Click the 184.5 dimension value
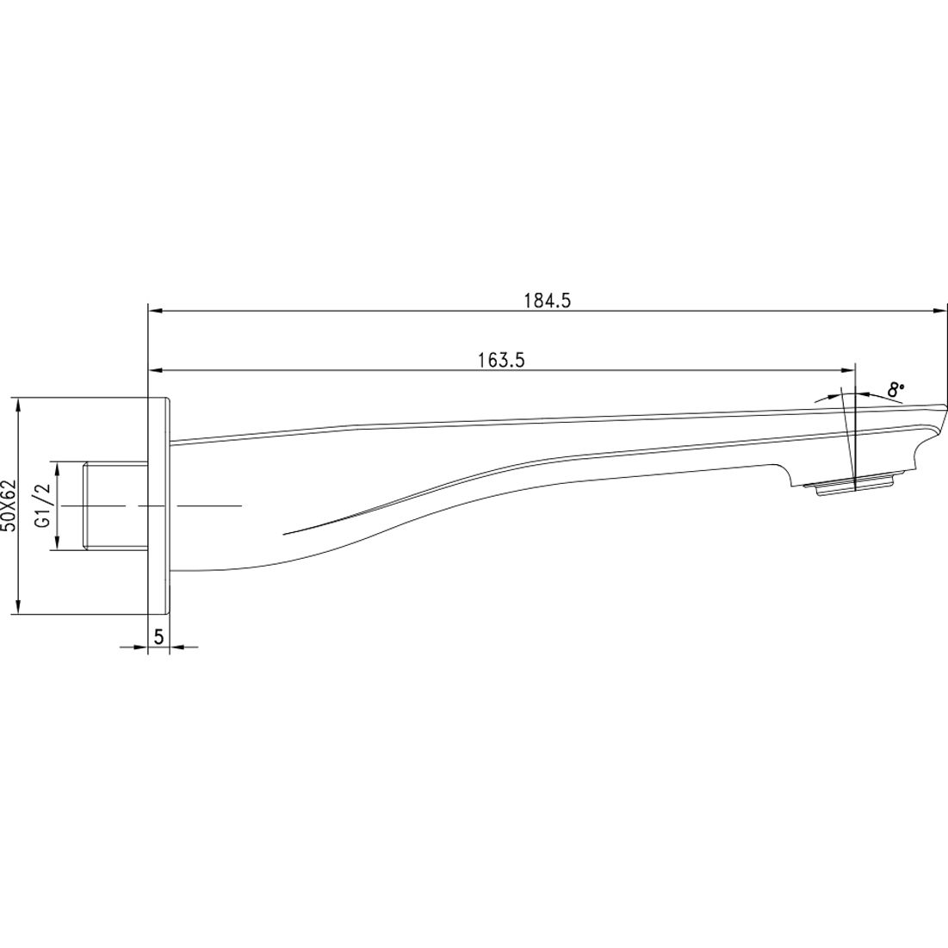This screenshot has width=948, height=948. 548,301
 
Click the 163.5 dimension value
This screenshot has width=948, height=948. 501,361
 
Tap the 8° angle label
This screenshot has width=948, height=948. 895,389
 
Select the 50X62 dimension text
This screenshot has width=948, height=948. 9,505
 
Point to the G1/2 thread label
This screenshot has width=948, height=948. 39,505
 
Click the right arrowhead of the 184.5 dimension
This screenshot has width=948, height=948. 940,311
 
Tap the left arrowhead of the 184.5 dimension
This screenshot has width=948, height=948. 156,311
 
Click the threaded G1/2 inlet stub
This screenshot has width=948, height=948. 115,505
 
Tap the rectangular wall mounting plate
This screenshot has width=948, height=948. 159,505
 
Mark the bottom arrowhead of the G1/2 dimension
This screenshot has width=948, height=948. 57,543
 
